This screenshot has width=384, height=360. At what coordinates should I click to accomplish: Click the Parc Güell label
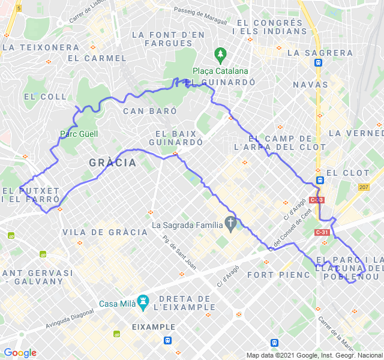(x=79, y=134)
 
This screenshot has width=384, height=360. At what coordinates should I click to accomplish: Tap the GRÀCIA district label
(x=112, y=163)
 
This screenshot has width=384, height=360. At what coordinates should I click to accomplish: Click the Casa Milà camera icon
(x=143, y=301)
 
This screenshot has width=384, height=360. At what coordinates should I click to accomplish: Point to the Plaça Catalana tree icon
(x=220, y=54)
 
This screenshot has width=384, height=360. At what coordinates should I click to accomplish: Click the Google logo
(x=20, y=353)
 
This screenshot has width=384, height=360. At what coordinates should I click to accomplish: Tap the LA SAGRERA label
(x=320, y=53)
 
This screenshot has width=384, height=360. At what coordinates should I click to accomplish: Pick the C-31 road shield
(x=322, y=233)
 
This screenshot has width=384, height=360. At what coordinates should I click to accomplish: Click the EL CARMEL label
(x=97, y=58)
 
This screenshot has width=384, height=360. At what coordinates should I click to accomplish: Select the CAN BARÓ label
(x=150, y=111)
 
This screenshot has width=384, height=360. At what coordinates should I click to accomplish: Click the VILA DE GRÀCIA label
(x=105, y=232)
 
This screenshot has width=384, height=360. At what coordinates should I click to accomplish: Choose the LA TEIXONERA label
(x=41, y=47)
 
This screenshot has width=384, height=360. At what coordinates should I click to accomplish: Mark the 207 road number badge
(x=364, y=188)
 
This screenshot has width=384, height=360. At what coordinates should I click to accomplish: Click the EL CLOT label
(x=347, y=173)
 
